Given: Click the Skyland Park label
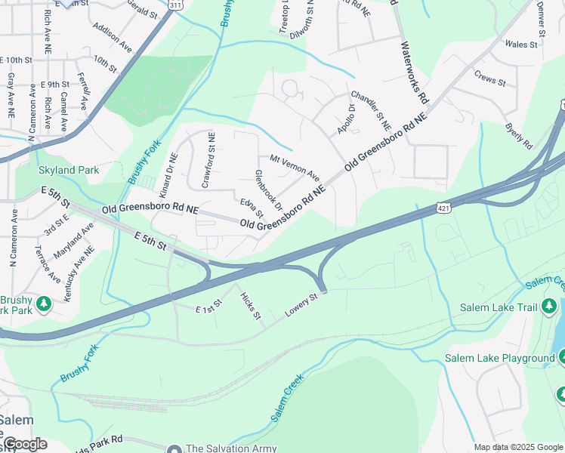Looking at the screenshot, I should (68, 171).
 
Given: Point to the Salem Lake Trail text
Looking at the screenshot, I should (499, 307).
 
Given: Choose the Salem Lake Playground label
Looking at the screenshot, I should (499, 358).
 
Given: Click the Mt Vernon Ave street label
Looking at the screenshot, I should (295, 168).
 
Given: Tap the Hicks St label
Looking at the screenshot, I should (249, 304).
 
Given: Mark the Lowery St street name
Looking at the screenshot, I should (302, 306).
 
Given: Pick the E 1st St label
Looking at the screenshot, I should (208, 306).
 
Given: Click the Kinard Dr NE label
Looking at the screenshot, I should (168, 176).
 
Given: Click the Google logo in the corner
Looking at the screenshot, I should (25, 444).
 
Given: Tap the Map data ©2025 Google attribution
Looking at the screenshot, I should (518, 448).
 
